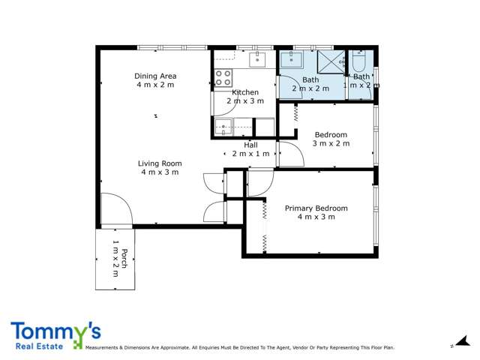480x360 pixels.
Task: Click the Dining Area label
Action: pos(155,76)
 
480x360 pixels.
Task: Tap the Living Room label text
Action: pos(160,163)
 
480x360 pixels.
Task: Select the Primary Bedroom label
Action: pos(316,208)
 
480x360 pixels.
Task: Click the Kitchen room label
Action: pos(245,92)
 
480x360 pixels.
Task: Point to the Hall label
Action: pos(250,145)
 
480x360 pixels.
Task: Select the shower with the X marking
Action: pos(331,61)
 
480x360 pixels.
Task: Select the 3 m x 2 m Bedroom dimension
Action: pos(331,143)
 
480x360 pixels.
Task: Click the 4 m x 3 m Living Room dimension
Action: pos(160,172)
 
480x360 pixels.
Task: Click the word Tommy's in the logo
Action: pos(56,331)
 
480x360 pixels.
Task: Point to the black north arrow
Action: pos(463,340)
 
